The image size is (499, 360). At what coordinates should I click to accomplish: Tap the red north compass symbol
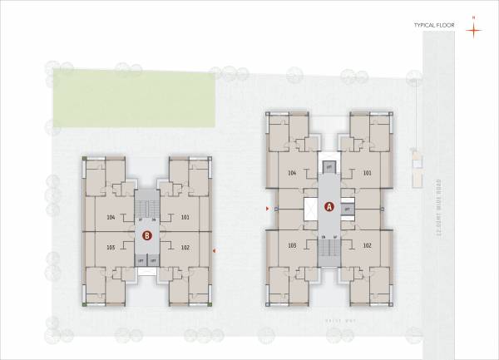[473, 29]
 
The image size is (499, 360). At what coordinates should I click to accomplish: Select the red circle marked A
[328, 207]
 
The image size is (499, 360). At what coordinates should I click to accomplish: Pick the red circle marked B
[147, 235]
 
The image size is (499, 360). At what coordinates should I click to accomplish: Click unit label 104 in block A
[292, 173]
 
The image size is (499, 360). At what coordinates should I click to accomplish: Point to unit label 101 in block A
[367, 173]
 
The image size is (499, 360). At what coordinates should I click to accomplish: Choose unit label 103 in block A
[292, 245]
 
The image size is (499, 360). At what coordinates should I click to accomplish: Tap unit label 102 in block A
[367, 245]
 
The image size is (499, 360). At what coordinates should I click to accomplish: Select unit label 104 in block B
[111, 217]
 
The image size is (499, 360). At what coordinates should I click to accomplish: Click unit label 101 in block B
[185, 217]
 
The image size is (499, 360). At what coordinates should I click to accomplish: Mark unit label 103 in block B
[111, 247]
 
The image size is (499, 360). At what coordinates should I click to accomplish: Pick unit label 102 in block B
[185, 247]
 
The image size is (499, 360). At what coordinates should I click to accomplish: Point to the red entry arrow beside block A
[266, 208]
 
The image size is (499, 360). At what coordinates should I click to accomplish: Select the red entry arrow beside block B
[215, 249]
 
